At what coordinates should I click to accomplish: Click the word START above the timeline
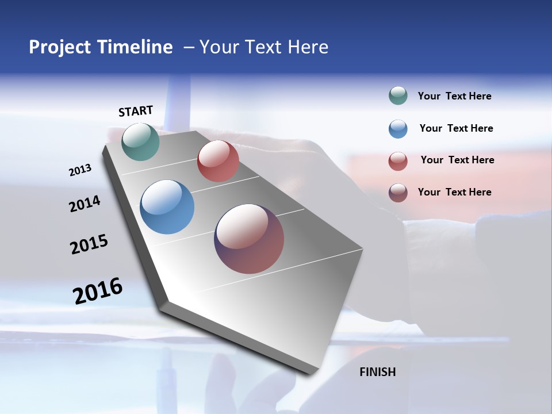tap(136, 111)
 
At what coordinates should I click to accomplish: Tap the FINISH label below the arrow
tap(378, 372)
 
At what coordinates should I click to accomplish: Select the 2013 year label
tap(80, 170)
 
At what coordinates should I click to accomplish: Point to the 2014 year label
tap(85, 204)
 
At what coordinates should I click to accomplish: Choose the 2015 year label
tap(89, 244)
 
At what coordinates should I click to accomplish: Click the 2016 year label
tap(98, 290)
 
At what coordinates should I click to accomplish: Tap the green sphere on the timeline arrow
tap(141, 141)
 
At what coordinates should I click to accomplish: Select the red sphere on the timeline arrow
tap(218, 161)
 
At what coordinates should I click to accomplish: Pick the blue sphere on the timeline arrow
tap(167, 206)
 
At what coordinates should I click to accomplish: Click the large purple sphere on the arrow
tap(249, 239)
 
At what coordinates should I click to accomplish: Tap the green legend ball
tap(398, 96)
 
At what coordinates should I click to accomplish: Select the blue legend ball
tap(398, 129)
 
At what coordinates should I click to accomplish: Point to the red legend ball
tap(398, 161)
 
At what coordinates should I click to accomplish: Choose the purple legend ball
tap(398, 193)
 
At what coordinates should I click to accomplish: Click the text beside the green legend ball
tap(454, 96)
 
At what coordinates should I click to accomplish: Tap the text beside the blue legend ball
tap(456, 128)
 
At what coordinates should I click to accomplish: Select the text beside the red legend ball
tap(457, 160)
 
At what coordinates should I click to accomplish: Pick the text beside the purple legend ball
tap(454, 192)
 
